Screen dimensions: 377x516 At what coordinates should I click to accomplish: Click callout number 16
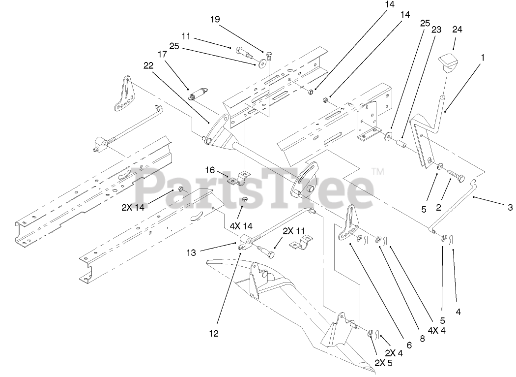click(x=210, y=170)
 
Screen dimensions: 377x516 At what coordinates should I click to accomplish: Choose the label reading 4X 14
click(x=240, y=226)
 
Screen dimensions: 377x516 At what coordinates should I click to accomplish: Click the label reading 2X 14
click(x=134, y=207)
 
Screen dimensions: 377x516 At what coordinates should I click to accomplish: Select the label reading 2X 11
click(x=294, y=230)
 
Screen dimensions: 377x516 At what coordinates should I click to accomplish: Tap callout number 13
click(x=191, y=252)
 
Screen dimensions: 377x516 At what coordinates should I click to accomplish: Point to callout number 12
click(x=213, y=333)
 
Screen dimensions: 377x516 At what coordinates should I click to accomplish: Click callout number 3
click(x=510, y=208)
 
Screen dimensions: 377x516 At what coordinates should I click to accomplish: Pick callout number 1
click(x=483, y=57)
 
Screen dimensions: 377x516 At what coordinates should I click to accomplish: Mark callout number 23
click(x=435, y=29)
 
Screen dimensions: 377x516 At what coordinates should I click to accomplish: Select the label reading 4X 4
click(x=437, y=330)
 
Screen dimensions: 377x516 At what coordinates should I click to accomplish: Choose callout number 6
click(x=409, y=346)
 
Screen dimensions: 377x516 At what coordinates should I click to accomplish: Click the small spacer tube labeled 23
click(x=400, y=145)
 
